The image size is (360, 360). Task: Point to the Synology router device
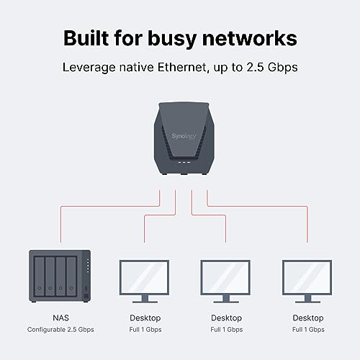pos(180,137)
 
